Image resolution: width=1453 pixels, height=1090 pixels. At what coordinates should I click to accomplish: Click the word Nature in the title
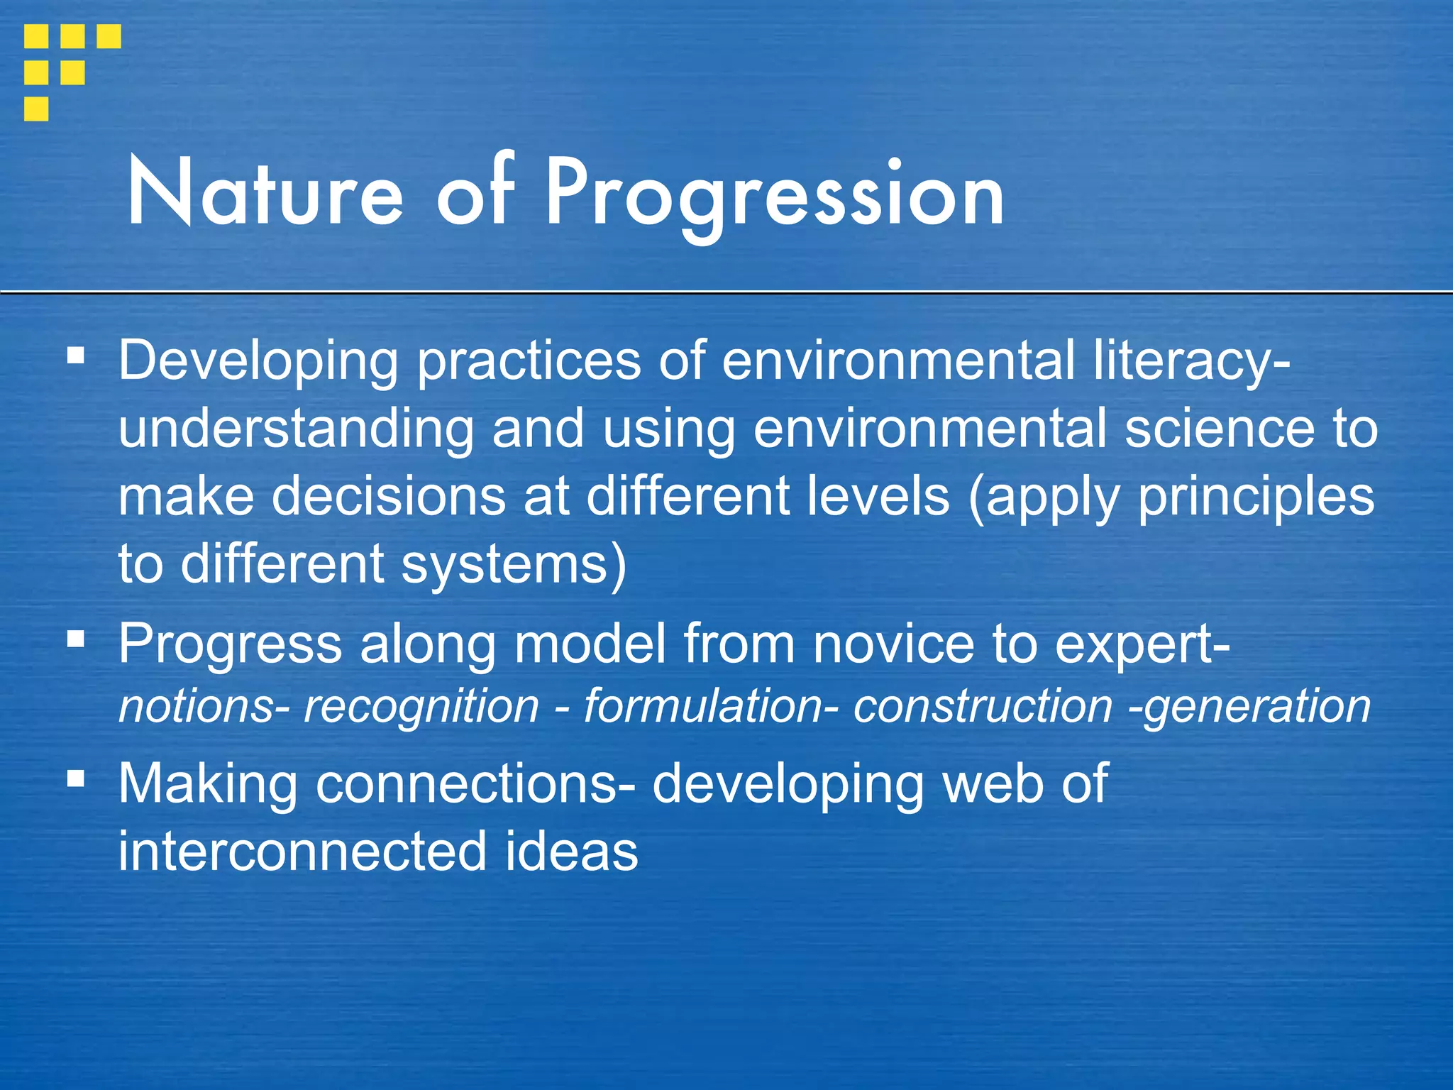[264, 193]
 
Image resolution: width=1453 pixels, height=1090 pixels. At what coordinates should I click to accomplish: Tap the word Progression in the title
[775, 193]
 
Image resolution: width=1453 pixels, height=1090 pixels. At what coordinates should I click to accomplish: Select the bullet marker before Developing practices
[76, 355]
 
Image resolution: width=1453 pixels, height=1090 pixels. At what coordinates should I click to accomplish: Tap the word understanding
[296, 430]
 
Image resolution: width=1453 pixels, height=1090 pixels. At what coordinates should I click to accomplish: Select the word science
[1219, 429]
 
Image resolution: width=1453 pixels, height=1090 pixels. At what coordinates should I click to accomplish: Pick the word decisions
[389, 496]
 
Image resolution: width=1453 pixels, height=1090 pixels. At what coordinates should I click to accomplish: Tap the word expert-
[1142, 644]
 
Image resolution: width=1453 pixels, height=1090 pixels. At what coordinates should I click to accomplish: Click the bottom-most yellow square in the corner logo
[36, 109]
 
